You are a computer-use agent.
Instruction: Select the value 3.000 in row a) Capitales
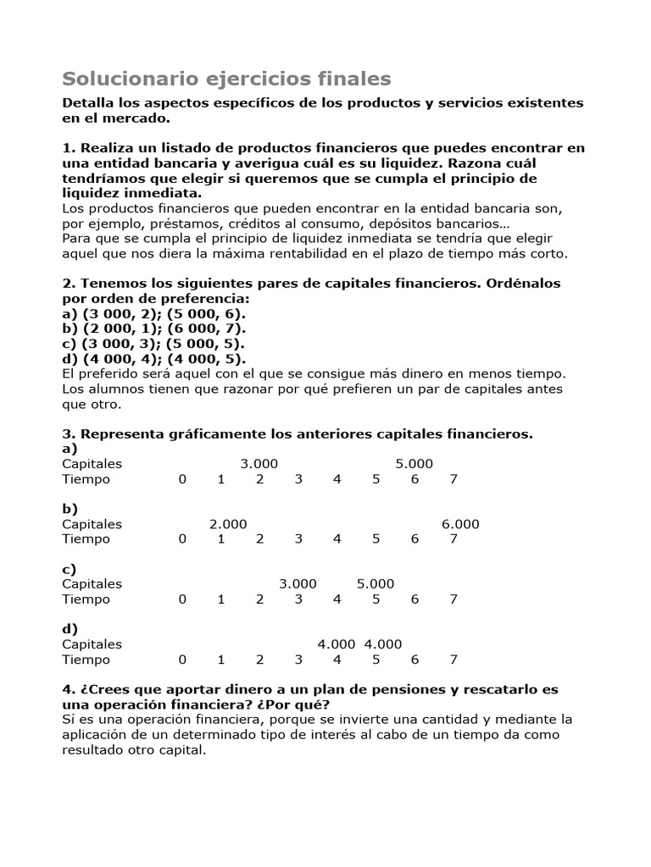(259, 463)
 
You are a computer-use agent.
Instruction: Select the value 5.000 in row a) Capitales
(415, 463)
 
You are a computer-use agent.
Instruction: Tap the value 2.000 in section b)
(228, 524)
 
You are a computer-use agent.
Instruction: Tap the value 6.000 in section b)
(460, 524)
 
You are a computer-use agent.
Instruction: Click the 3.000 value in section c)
(298, 584)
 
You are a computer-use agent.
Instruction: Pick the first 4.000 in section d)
(337, 644)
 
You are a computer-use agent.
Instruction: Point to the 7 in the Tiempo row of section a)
(453, 479)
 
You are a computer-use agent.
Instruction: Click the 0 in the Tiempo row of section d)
(181, 660)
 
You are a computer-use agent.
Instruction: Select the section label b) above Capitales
(70, 509)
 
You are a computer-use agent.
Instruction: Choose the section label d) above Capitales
(70, 629)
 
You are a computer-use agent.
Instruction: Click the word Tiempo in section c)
(86, 599)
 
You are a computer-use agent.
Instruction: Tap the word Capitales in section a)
(92, 463)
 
